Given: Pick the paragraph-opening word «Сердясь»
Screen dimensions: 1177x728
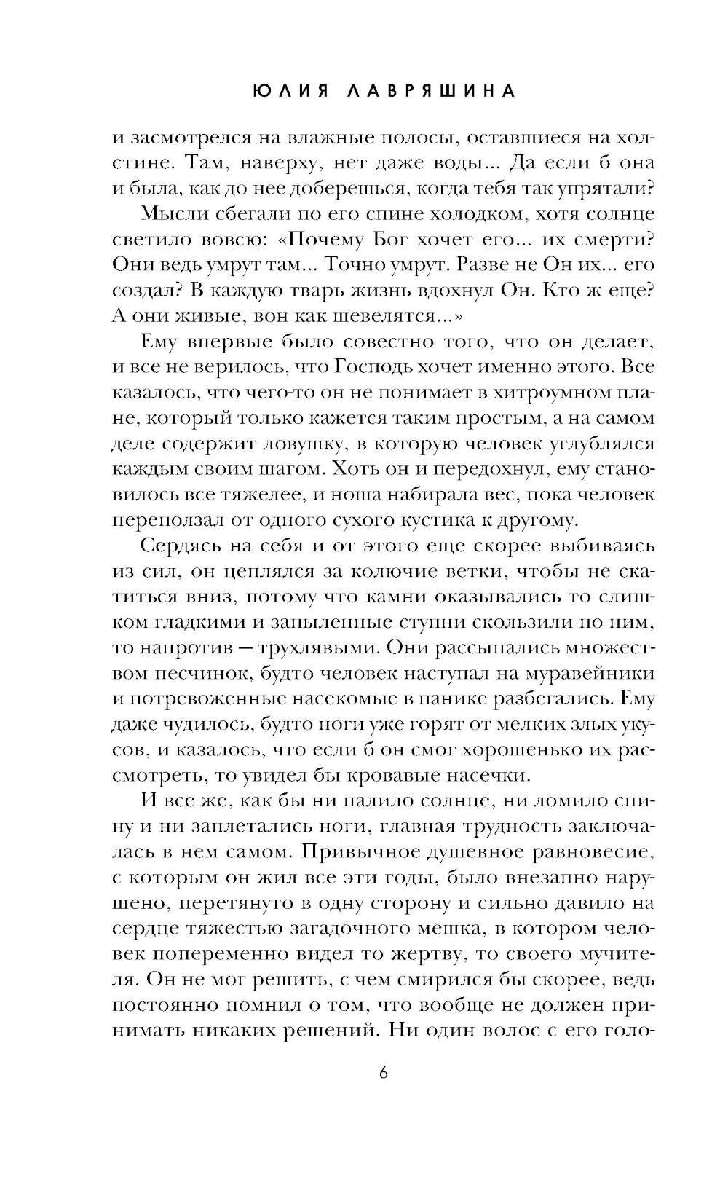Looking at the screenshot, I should [x=177, y=546].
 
